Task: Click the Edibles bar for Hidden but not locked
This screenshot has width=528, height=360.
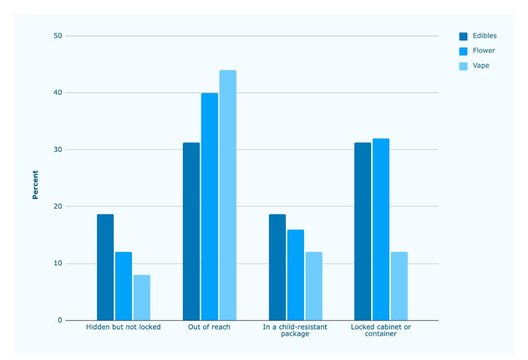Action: pyautogui.click(x=105, y=267)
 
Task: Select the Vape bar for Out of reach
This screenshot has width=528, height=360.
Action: pyautogui.click(x=228, y=195)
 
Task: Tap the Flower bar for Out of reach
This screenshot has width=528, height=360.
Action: pyautogui.click(x=209, y=207)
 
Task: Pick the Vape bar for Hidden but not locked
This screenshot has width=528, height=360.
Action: pyautogui.click(x=142, y=298)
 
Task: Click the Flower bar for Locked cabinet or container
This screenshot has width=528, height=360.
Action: pyautogui.click(x=381, y=229)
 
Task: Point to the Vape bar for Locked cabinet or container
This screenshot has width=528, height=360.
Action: pyautogui.click(x=399, y=286)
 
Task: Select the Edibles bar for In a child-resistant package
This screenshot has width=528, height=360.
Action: pyautogui.click(x=278, y=267)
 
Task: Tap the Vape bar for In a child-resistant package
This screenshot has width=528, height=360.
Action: pyautogui.click(x=314, y=286)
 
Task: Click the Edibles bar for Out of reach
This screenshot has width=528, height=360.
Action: pyautogui.click(x=191, y=231)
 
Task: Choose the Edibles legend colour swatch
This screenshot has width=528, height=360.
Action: pyautogui.click(x=463, y=36)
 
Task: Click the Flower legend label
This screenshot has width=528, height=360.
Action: pyautogui.click(x=484, y=51)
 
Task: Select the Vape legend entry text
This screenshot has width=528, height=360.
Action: pyautogui.click(x=481, y=65)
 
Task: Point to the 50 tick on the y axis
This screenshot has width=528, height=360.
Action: pyautogui.click(x=58, y=36)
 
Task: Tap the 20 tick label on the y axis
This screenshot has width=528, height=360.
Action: pyautogui.click(x=58, y=207)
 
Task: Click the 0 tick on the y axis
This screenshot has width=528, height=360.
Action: pyautogui.click(x=60, y=321)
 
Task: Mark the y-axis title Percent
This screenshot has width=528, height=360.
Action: pyautogui.click(x=35, y=185)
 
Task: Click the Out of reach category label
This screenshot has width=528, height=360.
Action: pyautogui.click(x=209, y=327)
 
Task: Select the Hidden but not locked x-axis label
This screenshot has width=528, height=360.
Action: pyautogui.click(x=123, y=327)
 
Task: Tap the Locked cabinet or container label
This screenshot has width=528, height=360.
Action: pyautogui.click(x=381, y=330)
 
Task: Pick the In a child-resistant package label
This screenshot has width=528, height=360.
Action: pyautogui.click(x=295, y=330)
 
